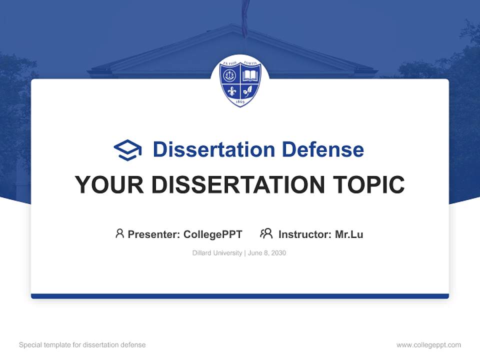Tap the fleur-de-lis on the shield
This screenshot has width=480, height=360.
pos(231,91)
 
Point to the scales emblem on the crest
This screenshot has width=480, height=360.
pos(230,75)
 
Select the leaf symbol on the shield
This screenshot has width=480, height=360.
pos(248,91)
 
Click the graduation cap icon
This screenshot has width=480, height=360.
pos(127,149)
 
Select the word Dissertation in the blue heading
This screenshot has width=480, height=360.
pos(214,149)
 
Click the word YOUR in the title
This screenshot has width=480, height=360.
pos(109,184)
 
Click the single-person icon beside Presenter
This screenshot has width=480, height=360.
pos(119,233)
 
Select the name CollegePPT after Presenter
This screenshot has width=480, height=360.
pos(213,234)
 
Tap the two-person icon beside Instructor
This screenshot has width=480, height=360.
pos(266,233)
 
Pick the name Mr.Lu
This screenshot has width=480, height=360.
pos(349,234)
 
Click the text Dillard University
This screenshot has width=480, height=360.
pos(216,253)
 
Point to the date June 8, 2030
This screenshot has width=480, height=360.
pos(267,253)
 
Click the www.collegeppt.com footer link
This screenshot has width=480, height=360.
pos(428,345)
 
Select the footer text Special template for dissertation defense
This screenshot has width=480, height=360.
pos(82,345)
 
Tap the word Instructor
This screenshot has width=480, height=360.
pos(303,234)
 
